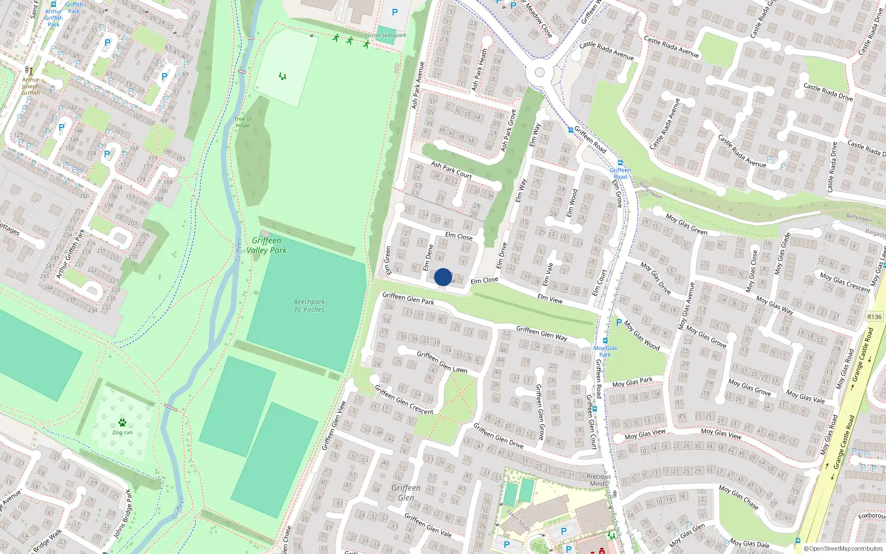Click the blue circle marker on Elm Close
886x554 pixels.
443,277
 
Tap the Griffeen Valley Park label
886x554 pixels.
267,245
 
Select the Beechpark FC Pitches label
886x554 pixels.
309,306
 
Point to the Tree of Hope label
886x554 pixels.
243,122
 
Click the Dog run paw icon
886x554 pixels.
122,423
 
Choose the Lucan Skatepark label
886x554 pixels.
386,35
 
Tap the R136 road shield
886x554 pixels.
874,317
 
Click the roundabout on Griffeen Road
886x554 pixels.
540,72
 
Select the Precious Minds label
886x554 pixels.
599,480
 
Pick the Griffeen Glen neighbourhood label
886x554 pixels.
406,493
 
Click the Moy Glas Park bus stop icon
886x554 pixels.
605,341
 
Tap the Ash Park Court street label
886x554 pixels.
451,170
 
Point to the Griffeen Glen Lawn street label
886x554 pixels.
442,362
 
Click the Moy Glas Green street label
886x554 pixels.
687,224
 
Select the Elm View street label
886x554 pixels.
550,299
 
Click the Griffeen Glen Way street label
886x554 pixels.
542,333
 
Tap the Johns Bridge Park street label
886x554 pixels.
122,514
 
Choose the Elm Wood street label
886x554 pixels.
571,203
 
